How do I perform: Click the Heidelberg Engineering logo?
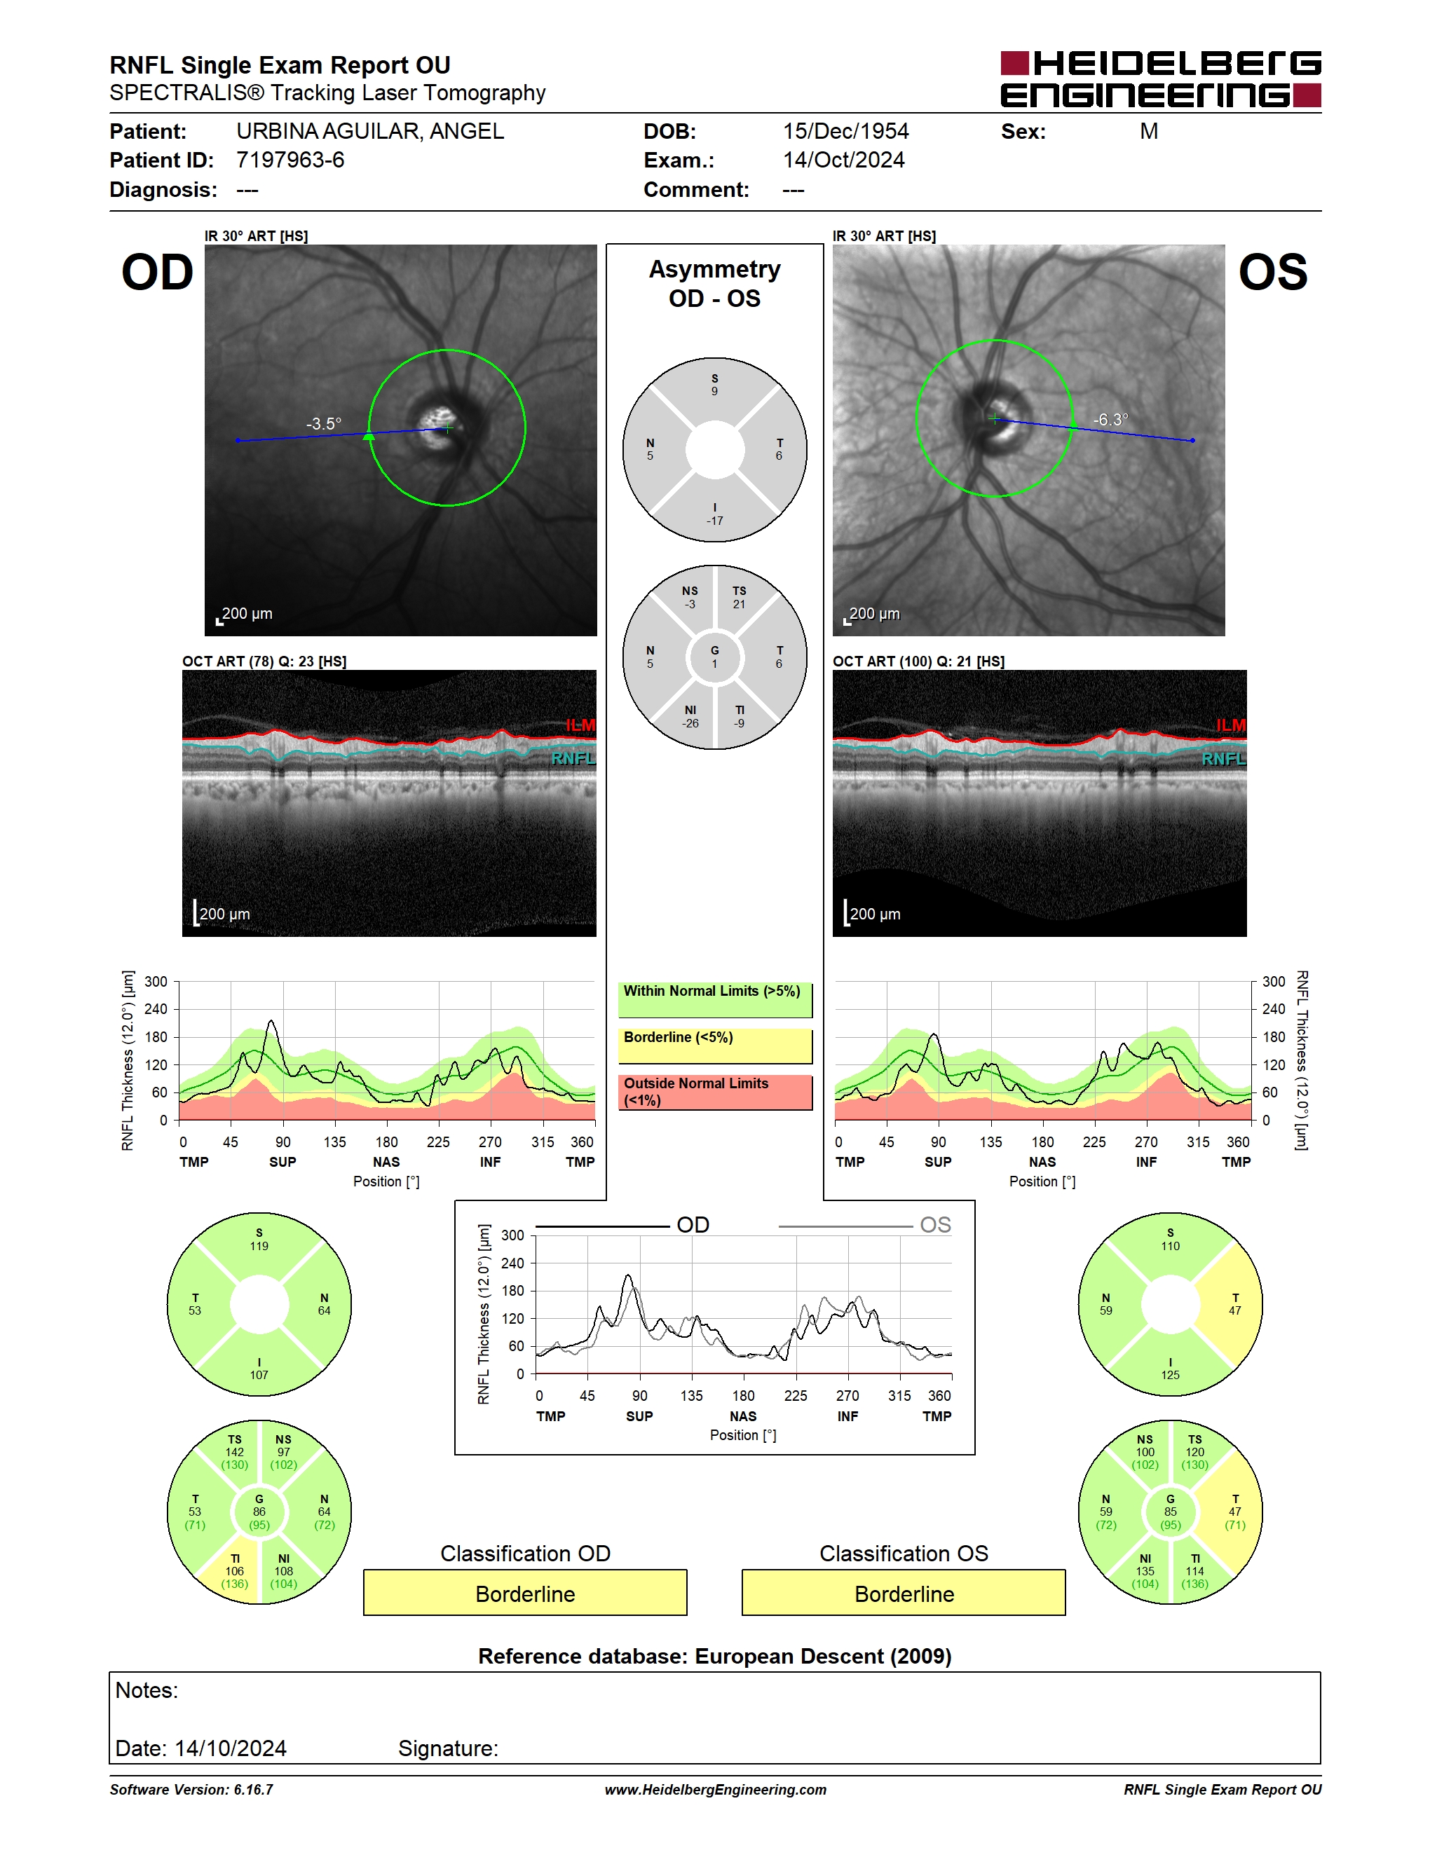click(1161, 80)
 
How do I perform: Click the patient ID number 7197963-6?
click(291, 160)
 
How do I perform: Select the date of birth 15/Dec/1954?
click(845, 131)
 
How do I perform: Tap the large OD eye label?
click(158, 273)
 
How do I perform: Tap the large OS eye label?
click(1272, 273)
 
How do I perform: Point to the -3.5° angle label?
click(324, 423)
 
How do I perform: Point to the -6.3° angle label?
click(1110, 419)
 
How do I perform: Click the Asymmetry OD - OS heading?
click(715, 284)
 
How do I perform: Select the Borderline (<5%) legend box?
click(715, 1046)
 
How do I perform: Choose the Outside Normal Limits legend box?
click(715, 1092)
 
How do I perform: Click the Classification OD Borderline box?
click(525, 1593)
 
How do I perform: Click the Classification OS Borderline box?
click(904, 1593)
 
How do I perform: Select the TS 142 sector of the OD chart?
click(235, 1452)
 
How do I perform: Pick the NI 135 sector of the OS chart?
click(1145, 1571)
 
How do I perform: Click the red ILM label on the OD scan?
click(580, 725)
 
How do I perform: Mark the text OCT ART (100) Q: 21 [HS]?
click(918, 662)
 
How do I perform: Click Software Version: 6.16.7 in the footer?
click(191, 1790)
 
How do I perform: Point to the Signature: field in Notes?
click(448, 1748)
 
